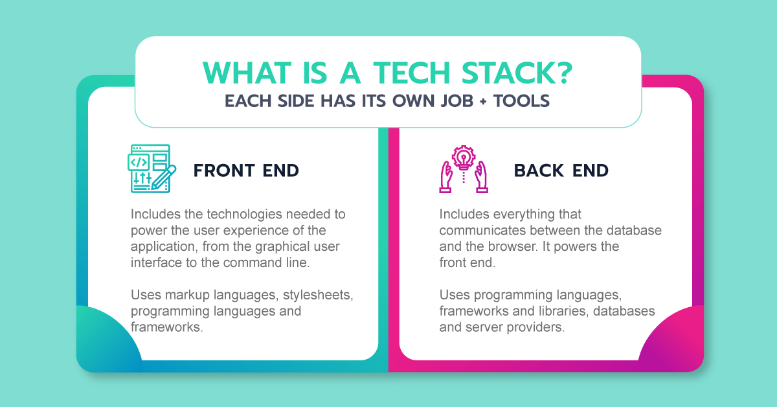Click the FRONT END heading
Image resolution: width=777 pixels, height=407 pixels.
pos(246,170)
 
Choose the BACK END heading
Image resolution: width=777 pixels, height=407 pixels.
pos(561,170)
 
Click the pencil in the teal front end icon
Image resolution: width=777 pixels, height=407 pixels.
pos(163,176)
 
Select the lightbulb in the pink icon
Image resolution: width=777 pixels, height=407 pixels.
pos(464,157)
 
